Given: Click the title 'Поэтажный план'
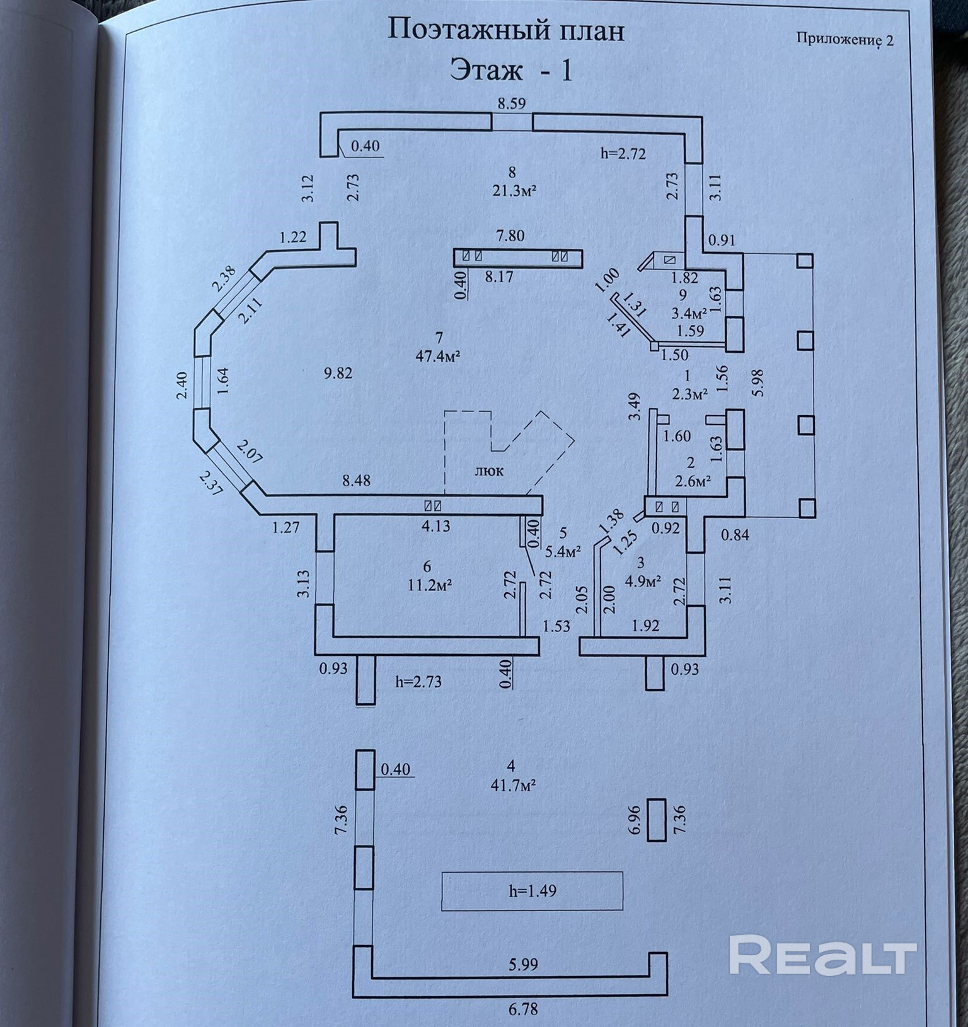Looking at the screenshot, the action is tap(505, 30).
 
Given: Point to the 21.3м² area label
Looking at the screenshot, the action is tap(514, 191).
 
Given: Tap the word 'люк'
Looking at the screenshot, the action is tap(490, 470).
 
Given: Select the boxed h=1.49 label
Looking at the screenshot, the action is tap(533, 891).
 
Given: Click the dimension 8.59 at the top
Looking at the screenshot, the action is tap(511, 104).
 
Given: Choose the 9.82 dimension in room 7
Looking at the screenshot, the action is tap(338, 373).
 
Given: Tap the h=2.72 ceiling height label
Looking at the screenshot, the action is tap(623, 153).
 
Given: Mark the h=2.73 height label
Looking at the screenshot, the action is tap(418, 681).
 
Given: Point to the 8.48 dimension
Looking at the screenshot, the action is tap(356, 480).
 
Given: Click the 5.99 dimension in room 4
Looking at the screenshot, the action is tap(523, 964).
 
